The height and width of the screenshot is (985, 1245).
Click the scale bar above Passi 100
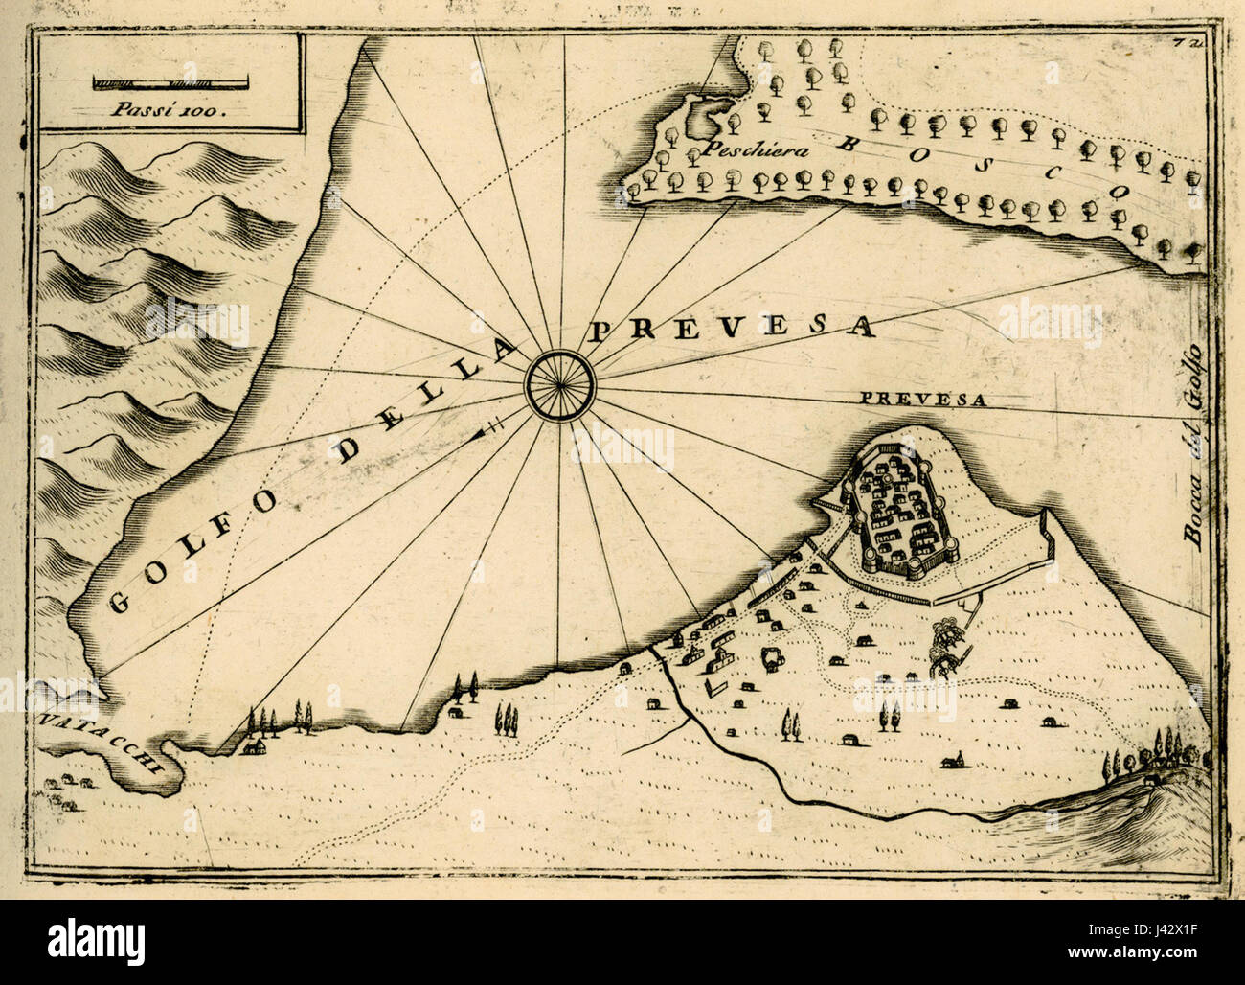pyautogui.click(x=170, y=84)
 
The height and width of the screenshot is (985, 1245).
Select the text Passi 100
pyautogui.click(x=170, y=108)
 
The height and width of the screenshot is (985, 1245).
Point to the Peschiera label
pyautogui.click(x=741, y=150)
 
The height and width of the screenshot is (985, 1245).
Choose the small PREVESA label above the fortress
pyautogui.click(x=922, y=401)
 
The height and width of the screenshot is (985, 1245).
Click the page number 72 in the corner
pyautogui.click(x=1199, y=42)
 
